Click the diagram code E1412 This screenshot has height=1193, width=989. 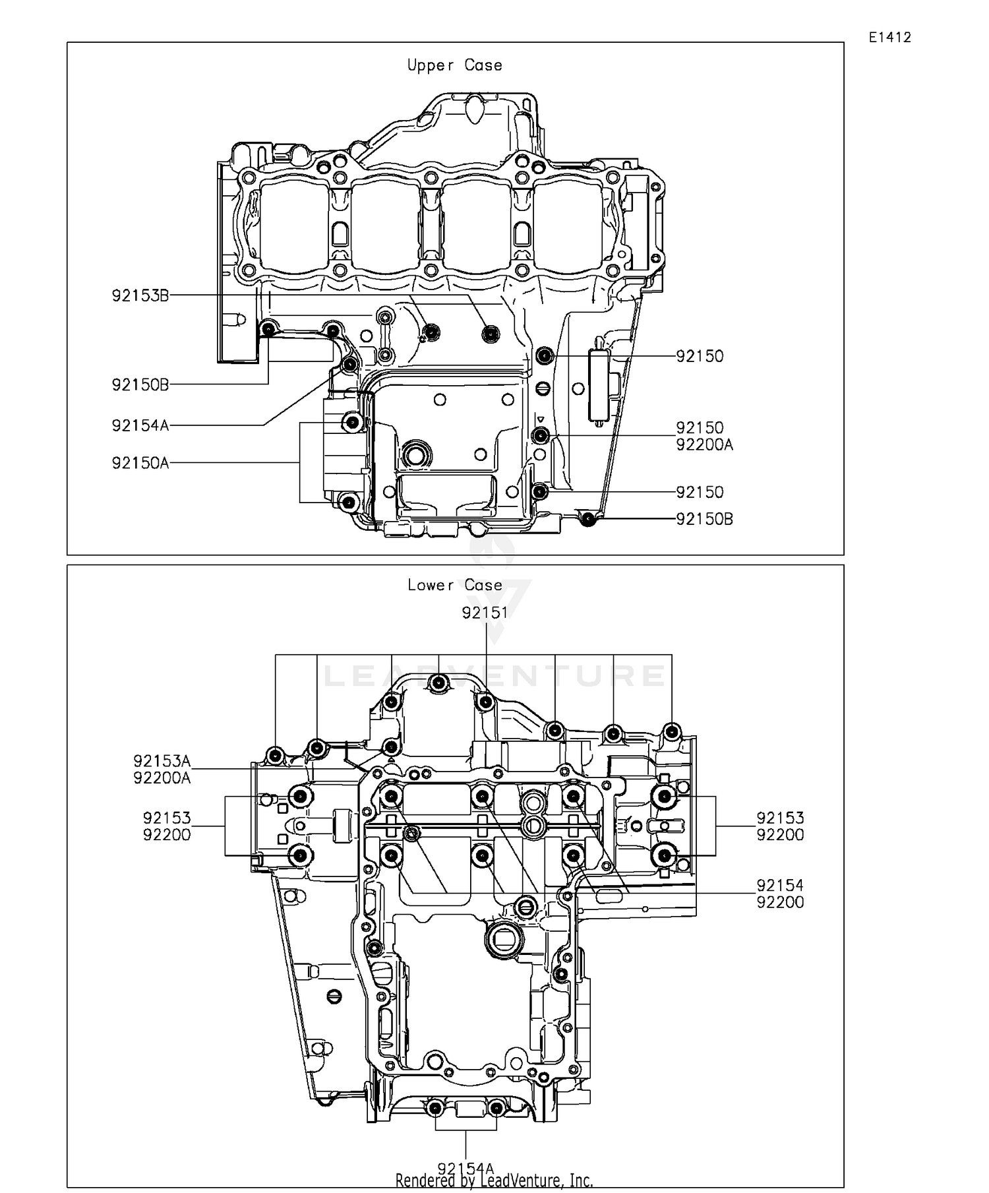click(x=889, y=38)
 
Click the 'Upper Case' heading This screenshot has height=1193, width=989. click(x=454, y=65)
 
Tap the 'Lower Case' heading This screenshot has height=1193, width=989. click(x=454, y=585)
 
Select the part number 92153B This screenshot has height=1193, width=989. click(x=140, y=295)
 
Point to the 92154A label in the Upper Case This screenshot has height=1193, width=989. click(x=140, y=425)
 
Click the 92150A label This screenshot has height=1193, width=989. click(x=140, y=463)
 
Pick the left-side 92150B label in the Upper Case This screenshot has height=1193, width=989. click(x=140, y=384)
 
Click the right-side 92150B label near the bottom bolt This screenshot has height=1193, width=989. click(x=704, y=519)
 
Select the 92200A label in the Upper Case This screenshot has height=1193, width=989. click(x=704, y=444)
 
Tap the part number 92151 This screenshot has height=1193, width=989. click(x=485, y=613)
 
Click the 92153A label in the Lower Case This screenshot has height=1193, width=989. click(x=162, y=761)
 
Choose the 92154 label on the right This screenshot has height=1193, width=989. click(x=780, y=885)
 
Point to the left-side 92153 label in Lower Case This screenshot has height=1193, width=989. click(x=167, y=818)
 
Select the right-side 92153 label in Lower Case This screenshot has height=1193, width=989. click(x=780, y=818)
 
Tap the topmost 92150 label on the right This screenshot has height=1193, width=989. click(x=700, y=356)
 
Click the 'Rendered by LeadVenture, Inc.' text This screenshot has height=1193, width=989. click(x=494, y=1180)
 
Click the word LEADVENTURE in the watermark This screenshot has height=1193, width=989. click(x=494, y=676)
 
